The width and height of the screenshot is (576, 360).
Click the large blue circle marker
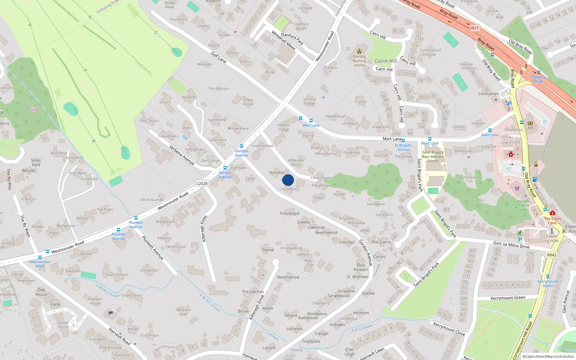pos(288,180)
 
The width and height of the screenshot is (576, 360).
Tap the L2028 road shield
pos(202,183)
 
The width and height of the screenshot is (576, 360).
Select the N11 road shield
pos(475,28)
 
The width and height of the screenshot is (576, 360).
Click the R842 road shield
pos(552,255)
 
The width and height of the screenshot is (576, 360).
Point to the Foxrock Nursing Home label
pos(359,60)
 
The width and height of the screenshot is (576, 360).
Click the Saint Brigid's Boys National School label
pos(433,157)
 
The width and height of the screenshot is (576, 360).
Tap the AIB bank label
pos(530,127)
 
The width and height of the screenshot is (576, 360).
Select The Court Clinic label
pos(552,221)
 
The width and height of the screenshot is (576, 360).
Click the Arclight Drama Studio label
pos(523,205)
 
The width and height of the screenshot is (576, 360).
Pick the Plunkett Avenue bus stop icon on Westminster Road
pos(136,218)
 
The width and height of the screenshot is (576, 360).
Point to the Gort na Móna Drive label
pos(511,245)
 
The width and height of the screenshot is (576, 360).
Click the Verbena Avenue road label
pos(182,155)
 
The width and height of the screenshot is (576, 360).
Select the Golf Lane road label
pos(219,58)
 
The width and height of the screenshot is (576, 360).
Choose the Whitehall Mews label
pos(283,40)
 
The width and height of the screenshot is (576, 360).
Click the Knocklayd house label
pos(290,213)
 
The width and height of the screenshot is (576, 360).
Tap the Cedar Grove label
pos(248,102)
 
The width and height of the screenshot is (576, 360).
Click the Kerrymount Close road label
pos(449,329)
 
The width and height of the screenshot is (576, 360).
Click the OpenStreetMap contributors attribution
pos(548,356)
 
